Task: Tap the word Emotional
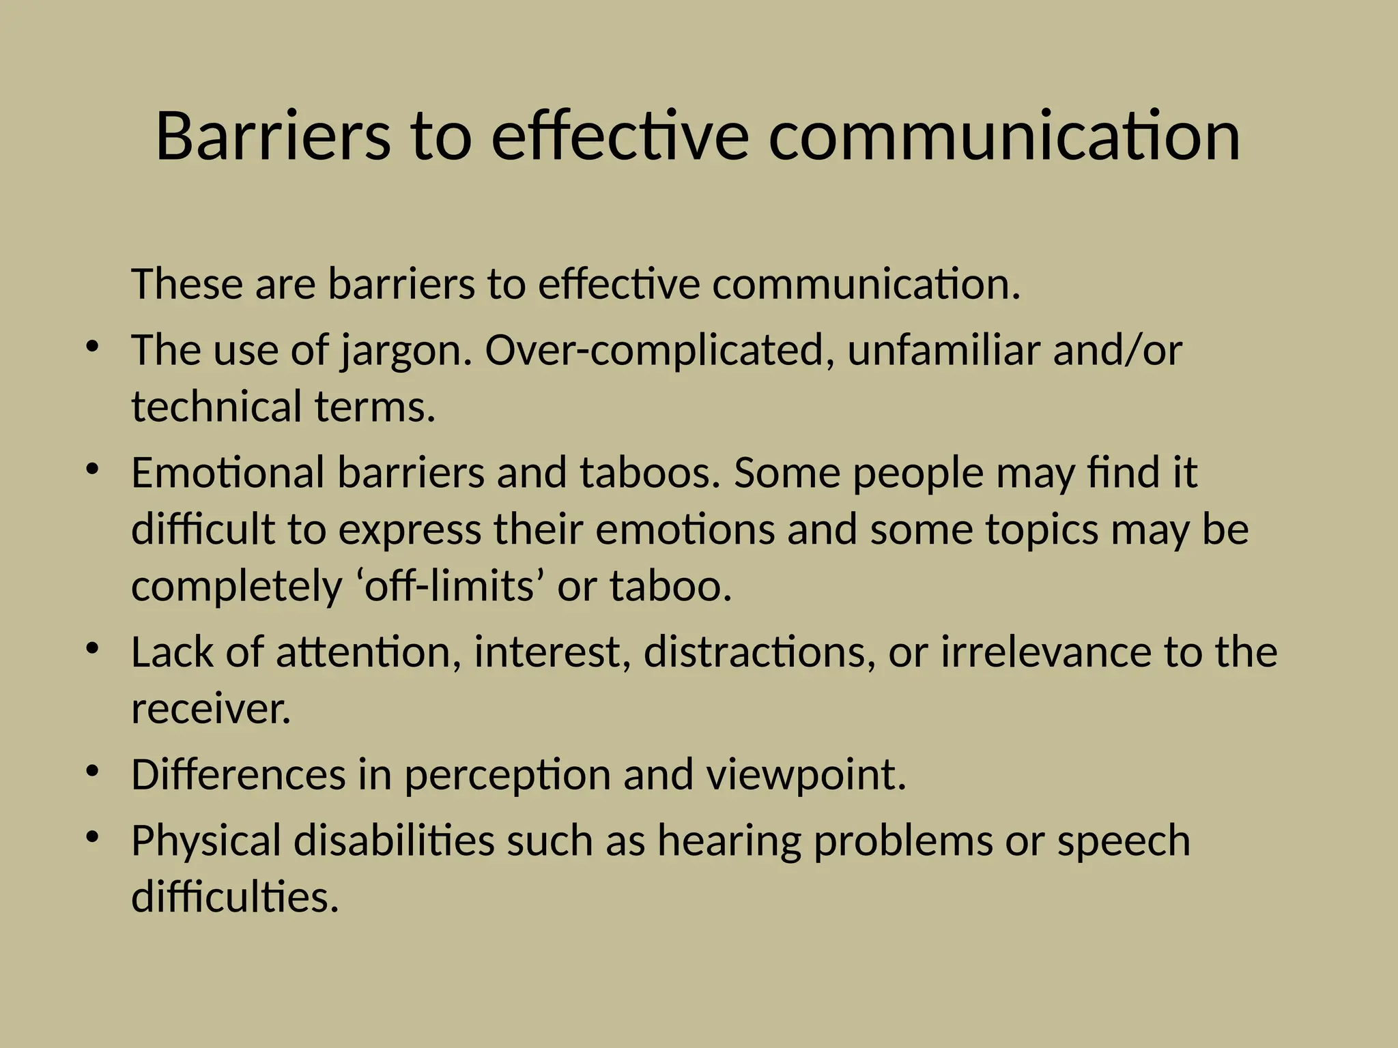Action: coord(228,473)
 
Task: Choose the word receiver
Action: coord(211,709)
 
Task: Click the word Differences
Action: coord(238,775)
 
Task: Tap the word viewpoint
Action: coord(805,776)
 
